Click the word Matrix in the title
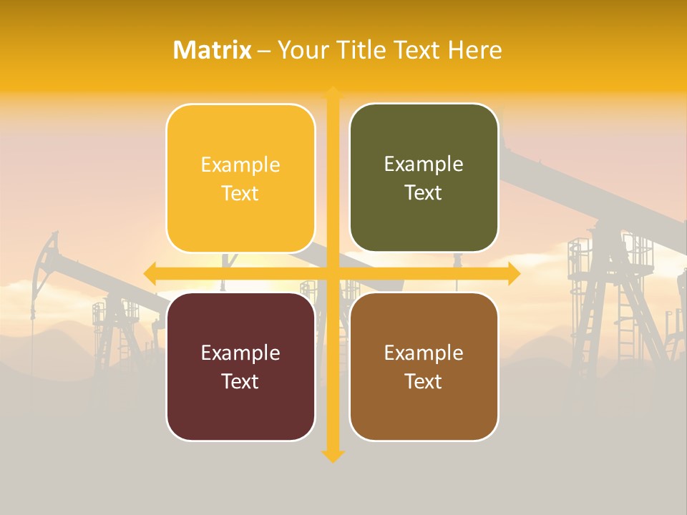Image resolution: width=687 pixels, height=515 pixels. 213,50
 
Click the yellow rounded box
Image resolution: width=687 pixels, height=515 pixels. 240,178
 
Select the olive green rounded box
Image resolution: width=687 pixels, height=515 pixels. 424,178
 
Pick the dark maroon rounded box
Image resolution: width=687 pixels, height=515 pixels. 240,366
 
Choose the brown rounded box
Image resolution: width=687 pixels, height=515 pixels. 424,366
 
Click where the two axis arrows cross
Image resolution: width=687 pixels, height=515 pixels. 333,273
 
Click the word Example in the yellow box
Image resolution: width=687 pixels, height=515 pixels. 240,165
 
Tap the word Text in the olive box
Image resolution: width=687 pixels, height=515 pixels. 424,192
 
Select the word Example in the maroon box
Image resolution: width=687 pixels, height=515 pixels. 240,353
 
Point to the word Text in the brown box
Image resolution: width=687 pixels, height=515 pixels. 424,381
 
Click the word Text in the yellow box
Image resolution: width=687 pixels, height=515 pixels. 240,193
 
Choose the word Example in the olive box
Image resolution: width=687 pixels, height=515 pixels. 424,164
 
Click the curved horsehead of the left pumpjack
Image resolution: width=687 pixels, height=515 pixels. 49,247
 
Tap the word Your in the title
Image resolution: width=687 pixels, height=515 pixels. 301,50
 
